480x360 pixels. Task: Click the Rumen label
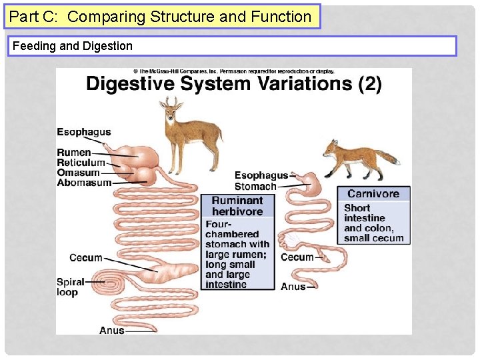pos(73,153)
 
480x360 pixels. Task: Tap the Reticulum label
pos(81,163)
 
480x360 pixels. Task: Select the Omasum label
pos(78,173)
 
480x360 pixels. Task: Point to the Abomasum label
pos(84,183)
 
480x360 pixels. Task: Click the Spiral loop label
pos(70,287)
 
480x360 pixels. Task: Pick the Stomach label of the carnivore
pos(255,187)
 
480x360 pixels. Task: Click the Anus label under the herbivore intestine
pos(111,330)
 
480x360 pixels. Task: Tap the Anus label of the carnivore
pos(293,287)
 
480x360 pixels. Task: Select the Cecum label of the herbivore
pos(85,258)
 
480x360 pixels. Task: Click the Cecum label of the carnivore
pos(297,257)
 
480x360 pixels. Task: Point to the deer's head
pos(172,111)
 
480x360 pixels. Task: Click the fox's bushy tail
pos(386,157)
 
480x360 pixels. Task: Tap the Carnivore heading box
pos(373,194)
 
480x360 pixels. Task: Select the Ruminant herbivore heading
pos(237,206)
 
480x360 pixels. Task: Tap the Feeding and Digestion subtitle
pos(72,46)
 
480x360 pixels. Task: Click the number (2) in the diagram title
pos(369,84)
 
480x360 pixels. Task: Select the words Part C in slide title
pos(35,17)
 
